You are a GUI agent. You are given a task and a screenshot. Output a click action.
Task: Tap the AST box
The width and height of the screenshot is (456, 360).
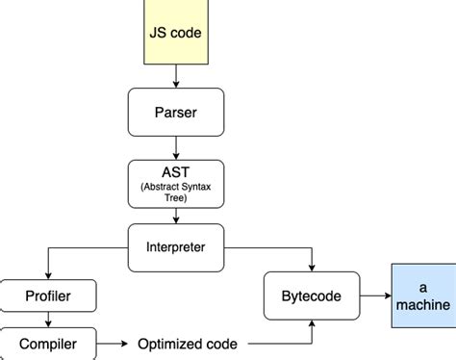coord(176,183)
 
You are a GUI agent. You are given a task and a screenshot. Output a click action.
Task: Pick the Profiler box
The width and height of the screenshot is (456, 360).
coord(47,296)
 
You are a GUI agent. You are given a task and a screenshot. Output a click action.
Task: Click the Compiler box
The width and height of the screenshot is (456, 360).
coord(47,344)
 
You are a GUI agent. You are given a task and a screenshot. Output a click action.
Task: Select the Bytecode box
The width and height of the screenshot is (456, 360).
coord(311,296)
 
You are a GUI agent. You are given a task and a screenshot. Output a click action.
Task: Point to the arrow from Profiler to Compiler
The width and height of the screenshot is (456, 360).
coord(47,320)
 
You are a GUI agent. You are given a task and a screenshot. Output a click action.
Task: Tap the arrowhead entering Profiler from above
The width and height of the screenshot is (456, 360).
coord(47,274)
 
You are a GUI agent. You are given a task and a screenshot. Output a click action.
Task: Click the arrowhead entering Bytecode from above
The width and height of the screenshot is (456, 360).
coord(311,268)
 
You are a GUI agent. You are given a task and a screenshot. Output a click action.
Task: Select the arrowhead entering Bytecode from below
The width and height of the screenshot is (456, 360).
coord(311,324)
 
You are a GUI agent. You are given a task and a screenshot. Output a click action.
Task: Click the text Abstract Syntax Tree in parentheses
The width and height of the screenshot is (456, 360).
coord(176,190)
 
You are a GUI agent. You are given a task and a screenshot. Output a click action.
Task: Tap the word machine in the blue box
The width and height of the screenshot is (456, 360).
coord(421,305)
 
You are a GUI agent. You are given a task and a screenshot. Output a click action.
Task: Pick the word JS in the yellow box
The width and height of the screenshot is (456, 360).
coord(158,31)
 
